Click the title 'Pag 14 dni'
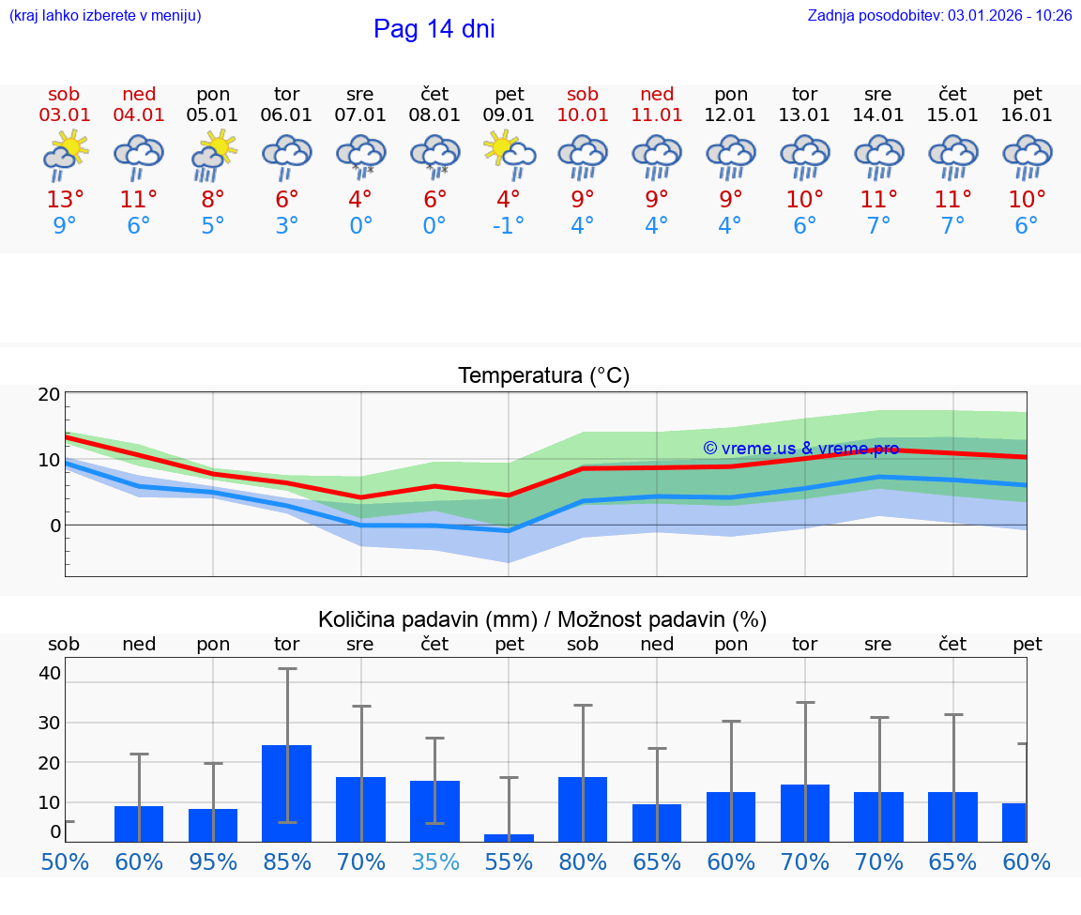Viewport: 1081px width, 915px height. [434, 29]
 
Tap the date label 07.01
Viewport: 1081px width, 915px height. [360, 115]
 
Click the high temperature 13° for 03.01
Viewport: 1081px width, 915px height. [65, 200]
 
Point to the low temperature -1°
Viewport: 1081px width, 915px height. [509, 226]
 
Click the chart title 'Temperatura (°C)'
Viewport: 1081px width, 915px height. [543, 376]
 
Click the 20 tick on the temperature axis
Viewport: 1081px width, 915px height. [49, 394]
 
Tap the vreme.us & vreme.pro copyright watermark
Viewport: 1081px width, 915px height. [800, 449]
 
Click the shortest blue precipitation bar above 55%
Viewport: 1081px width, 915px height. [509, 837]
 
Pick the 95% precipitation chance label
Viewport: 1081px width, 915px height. [213, 862]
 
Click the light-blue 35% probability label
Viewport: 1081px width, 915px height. [435, 862]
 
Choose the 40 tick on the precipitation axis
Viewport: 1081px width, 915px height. [50, 673]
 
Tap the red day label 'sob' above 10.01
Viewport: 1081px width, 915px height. [583, 94]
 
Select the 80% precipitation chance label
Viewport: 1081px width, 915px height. [583, 862]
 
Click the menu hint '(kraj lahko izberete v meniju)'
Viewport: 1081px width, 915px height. [105, 16]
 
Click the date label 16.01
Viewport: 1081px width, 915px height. [1028, 115]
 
